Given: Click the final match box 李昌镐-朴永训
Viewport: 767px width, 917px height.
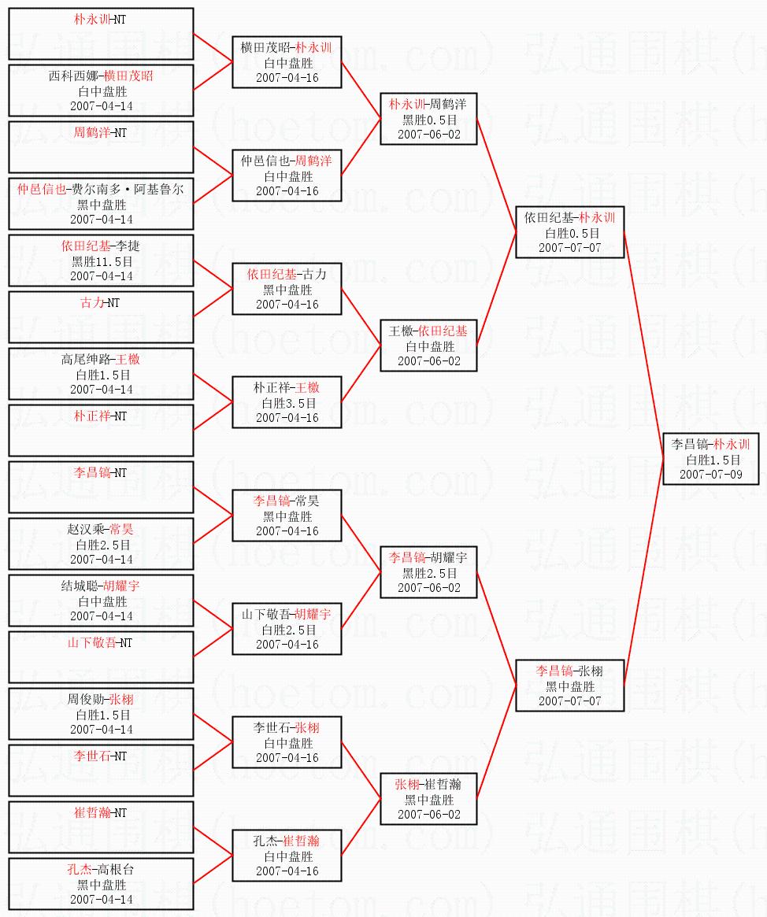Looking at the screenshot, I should (x=711, y=459).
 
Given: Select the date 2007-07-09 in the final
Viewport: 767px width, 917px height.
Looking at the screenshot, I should (x=711, y=475).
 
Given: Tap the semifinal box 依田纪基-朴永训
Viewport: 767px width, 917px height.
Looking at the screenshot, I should (x=569, y=232).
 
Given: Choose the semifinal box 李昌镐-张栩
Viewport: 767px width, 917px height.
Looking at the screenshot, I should (x=569, y=686).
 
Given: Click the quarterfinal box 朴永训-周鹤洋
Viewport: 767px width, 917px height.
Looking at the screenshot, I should (x=428, y=119).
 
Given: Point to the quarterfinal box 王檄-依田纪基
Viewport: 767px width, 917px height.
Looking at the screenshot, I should (x=428, y=346).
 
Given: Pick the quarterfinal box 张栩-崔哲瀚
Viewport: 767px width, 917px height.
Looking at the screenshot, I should (x=428, y=799).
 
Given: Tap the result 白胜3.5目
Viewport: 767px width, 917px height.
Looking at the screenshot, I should (x=287, y=403).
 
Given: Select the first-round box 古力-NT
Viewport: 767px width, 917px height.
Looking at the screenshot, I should (x=101, y=317).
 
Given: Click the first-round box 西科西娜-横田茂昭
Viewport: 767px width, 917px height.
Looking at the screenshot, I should (x=101, y=91).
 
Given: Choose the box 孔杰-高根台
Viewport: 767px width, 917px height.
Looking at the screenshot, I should (x=101, y=884).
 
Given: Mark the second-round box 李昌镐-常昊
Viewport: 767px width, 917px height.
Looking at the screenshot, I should (x=287, y=516).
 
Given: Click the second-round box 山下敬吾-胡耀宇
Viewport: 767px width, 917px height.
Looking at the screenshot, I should (x=287, y=629).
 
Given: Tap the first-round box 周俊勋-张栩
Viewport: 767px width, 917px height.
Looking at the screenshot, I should (x=101, y=714).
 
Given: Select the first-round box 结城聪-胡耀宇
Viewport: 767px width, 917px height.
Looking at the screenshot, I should (x=101, y=601).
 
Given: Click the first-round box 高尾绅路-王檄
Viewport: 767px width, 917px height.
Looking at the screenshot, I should (x=101, y=374).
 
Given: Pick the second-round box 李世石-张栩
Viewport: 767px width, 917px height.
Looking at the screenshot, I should (x=287, y=742).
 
